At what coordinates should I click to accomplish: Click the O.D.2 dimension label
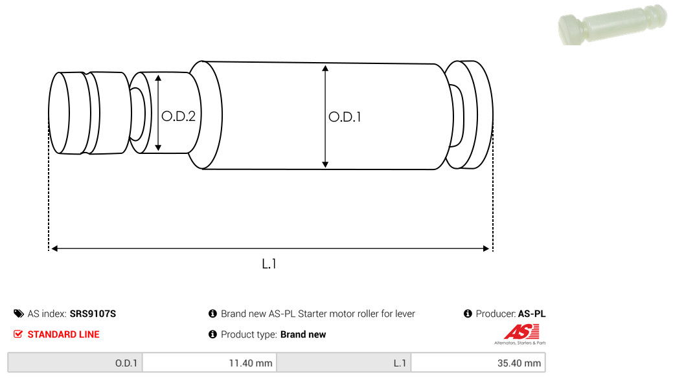178,116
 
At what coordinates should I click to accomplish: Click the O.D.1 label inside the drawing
345,117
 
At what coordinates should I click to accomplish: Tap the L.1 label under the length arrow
269,264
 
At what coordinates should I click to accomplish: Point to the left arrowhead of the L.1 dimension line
54,248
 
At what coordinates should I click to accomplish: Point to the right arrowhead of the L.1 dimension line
486,248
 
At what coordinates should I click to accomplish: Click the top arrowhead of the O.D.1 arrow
325,68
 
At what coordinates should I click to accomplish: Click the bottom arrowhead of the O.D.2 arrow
158,147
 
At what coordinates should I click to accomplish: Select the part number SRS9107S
93,314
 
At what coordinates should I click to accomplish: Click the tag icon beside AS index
18,314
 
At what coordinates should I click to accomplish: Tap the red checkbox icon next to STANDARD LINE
18,334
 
